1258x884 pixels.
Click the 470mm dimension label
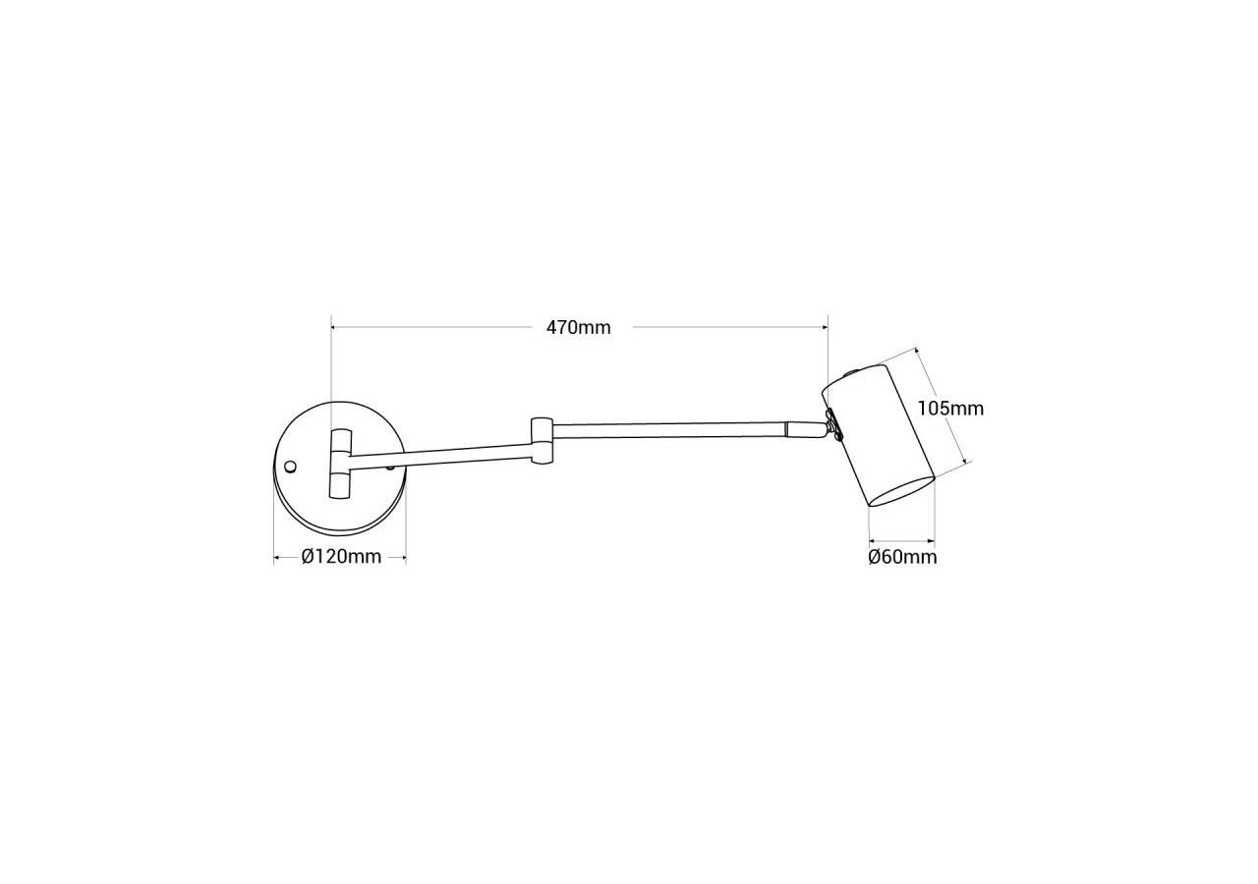(x=578, y=328)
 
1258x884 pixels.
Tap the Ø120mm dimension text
(x=341, y=557)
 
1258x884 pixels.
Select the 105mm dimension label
(x=949, y=408)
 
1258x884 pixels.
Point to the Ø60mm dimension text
(x=902, y=558)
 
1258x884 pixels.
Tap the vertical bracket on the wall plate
(x=340, y=465)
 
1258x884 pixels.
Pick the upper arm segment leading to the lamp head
(x=668, y=429)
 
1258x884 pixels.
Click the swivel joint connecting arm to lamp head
(x=832, y=424)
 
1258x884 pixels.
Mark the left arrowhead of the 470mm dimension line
(x=334, y=327)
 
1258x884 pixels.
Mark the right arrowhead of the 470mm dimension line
(x=825, y=327)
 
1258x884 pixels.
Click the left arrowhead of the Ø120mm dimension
(x=277, y=558)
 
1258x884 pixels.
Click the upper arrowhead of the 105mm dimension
(x=917, y=351)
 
